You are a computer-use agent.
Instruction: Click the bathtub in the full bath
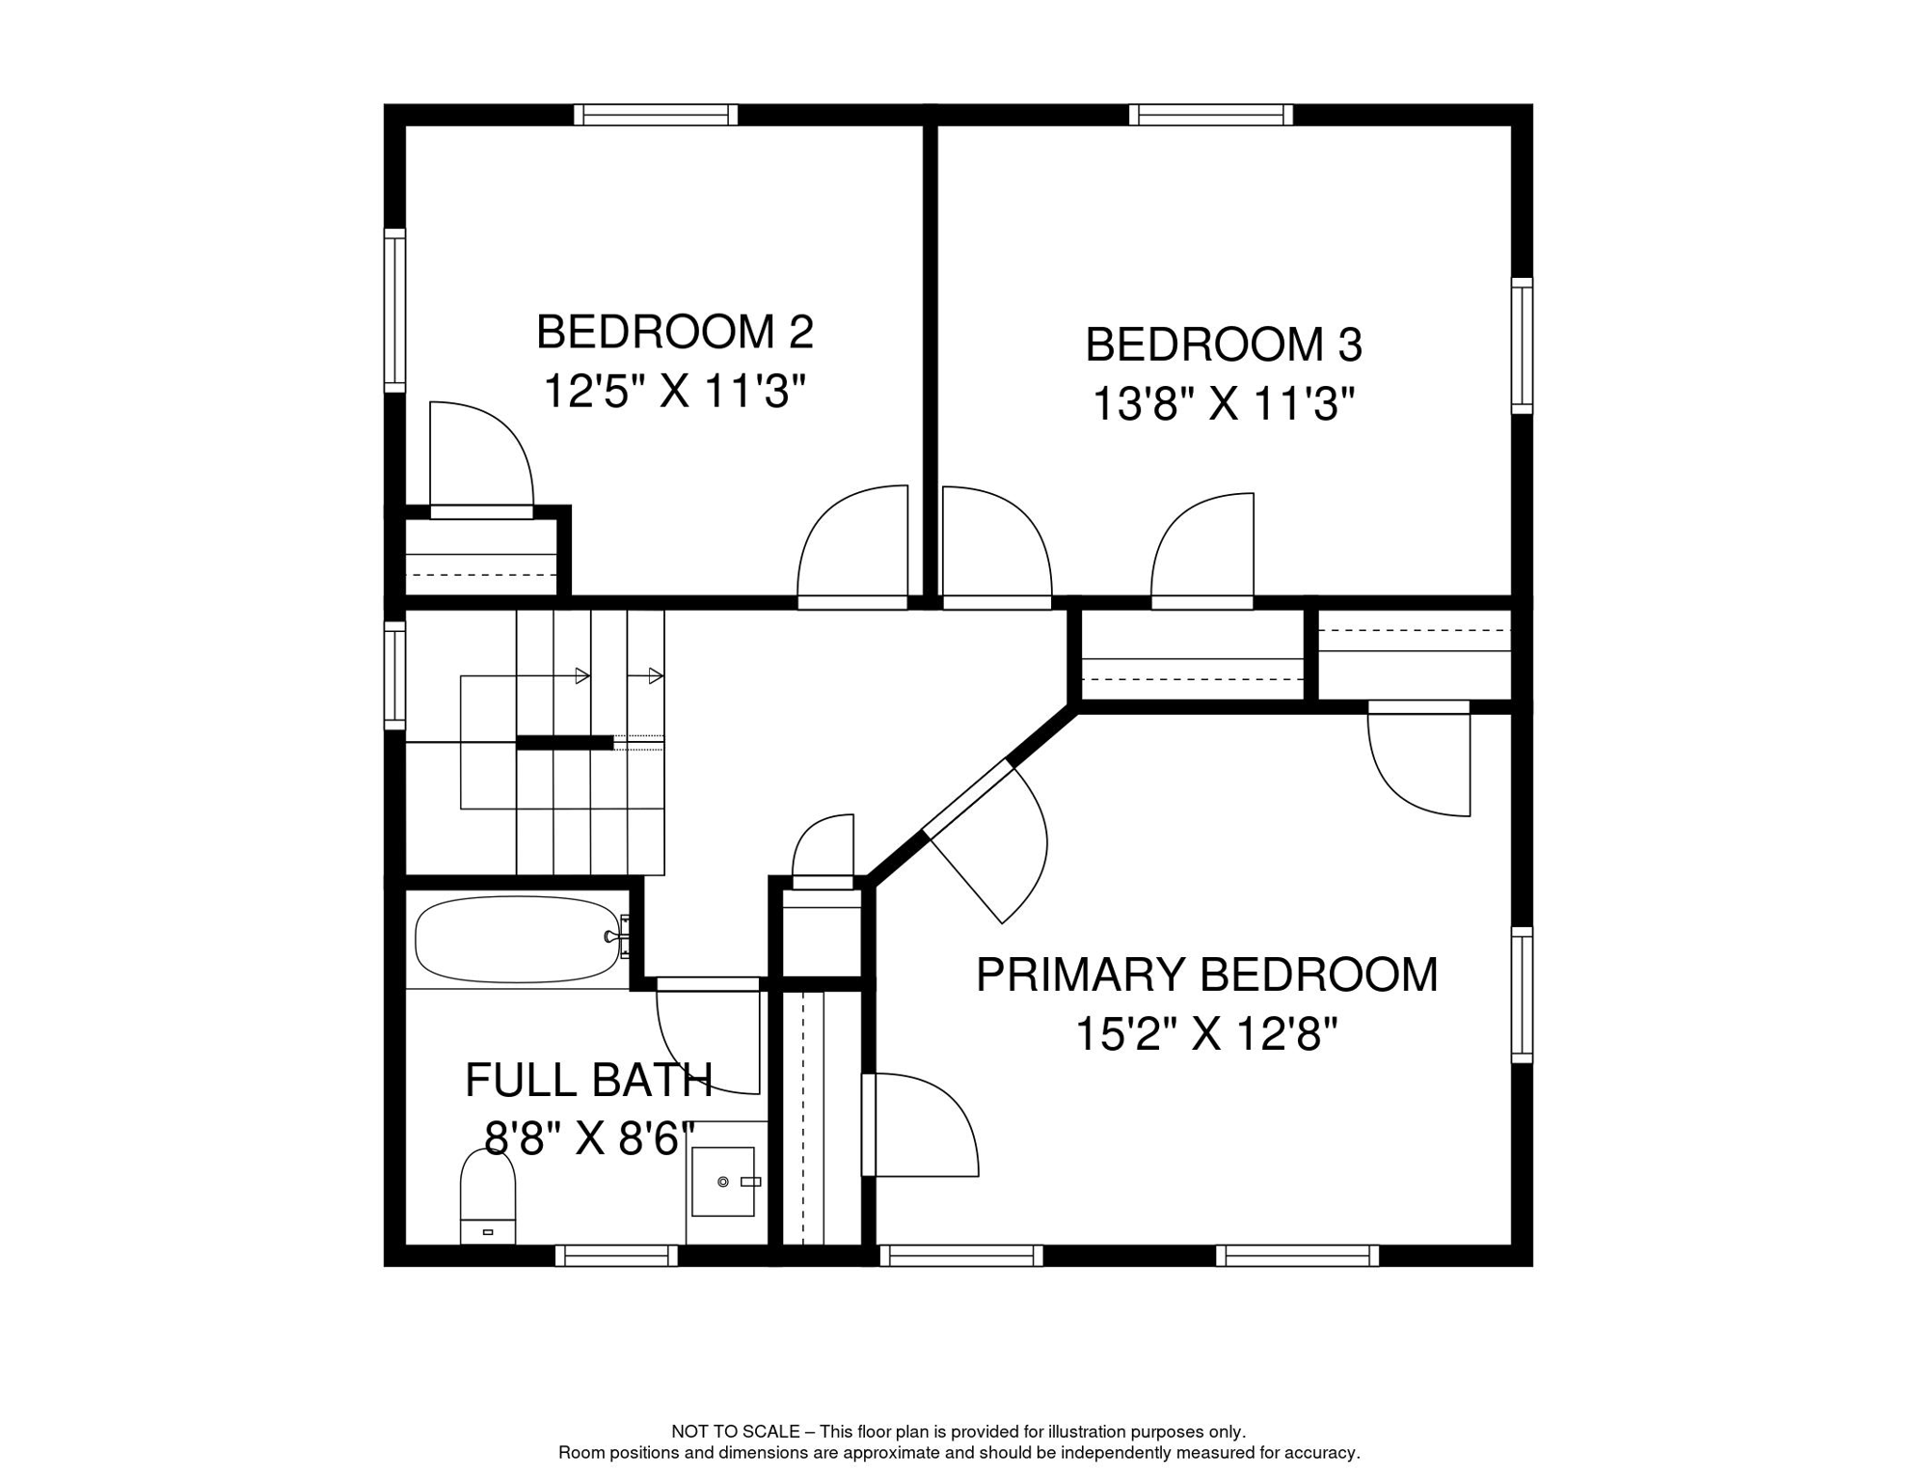pyautogui.click(x=518, y=940)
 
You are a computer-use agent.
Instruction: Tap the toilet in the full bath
pyautogui.click(x=488, y=1196)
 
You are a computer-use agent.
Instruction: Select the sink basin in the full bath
pyautogui.click(x=723, y=1182)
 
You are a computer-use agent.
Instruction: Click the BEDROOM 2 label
pyautogui.click(x=675, y=332)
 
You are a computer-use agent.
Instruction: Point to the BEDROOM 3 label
pyautogui.click(x=1224, y=344)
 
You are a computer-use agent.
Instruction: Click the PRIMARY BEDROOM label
pyautogui.click(x=1207, y=974)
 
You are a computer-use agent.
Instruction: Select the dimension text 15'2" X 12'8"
pyautogui.click(x=1207, y=1034)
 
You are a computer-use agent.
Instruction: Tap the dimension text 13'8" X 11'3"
pyautogui.click(x=1224, y=404)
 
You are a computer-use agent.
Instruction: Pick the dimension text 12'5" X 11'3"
pyautogui.click(x=675, y=392)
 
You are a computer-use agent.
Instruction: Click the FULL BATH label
pyautogui.click(x=589, y=1080)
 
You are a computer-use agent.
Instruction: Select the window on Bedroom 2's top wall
pyautogui.click(x=656, y=115)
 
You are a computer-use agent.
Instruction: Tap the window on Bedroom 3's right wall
pyautogui.click(x=1522, y=345)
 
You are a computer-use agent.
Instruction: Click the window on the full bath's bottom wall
pyautogui.click(x=616, y=1255)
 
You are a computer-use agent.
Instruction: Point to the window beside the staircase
pyautogui.click(x=394, y=674)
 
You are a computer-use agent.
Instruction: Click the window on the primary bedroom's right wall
pyautogui.click(x=1522, y=995)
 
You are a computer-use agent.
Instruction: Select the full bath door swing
pyautogui.click(x=709, y=1036)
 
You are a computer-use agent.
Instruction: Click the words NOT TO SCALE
pyautogui.click(x=736, y=1432)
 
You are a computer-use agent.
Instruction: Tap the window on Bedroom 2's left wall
pyautogui.click(x=394, y=311)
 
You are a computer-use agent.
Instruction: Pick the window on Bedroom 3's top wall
pyautogui.click(x=1211, y=115)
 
